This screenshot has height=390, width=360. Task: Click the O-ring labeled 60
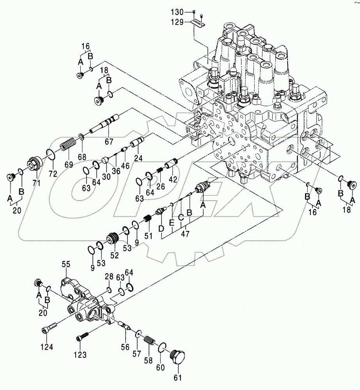pyautogui.click(x=163, y=346)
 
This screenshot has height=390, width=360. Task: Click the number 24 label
pyautogui.click(x=138, y=159)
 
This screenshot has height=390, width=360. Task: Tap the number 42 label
pyautogui.click(x=172, y=179)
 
